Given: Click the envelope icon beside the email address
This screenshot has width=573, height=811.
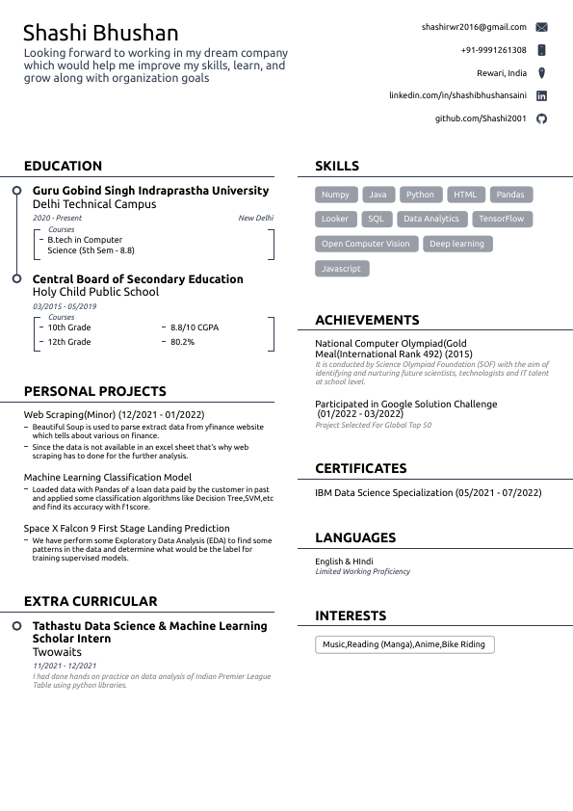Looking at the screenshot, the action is (x=541, y=27).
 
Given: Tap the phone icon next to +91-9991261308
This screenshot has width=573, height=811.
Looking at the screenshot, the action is (x=541, y=50).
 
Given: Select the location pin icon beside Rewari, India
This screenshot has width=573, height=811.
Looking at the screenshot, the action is (x=541, y=73).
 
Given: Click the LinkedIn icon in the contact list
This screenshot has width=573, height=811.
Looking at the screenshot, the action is (x=541, y=96).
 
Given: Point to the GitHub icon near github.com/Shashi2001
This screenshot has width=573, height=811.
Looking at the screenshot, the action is (x=541, y=118).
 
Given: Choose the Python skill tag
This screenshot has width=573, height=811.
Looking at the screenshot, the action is (x=420, y=195).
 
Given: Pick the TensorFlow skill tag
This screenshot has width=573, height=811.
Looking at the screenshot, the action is (x=502, y=219).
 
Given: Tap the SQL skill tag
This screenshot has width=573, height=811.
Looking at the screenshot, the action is (x=376, y=219).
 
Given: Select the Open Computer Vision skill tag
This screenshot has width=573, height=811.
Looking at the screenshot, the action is (x=366, y=244).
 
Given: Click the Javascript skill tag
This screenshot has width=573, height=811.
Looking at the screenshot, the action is (x=341, y=269).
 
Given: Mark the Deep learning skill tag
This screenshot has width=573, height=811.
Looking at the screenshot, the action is (x=456, y=244).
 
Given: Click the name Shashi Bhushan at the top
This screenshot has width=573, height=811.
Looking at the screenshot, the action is (x=101, y=34).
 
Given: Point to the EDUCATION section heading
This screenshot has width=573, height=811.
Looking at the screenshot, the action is (x=63, y=167).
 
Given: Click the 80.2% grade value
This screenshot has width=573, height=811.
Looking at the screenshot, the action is (x=182, y=342).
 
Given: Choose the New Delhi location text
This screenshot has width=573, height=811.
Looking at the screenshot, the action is (x=255, y=219).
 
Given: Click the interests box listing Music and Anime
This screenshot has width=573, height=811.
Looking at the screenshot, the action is (x=404, y=644).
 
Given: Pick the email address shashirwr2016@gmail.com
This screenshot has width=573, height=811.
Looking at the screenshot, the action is (x=474, y=27).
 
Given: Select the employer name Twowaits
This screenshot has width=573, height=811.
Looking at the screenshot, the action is (x=57, y=652).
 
